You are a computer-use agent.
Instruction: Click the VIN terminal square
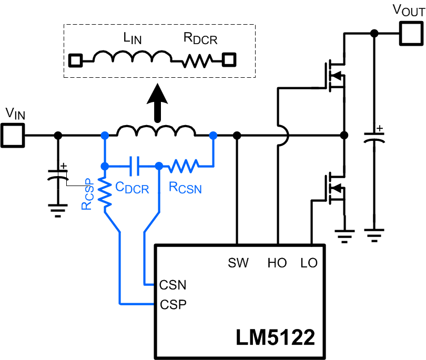[x=12, y=135]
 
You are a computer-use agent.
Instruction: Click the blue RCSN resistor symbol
[x=183, y=166]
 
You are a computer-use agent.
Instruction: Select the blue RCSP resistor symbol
[x=106, y=192]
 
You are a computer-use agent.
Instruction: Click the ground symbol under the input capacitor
[x=58, y=210]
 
